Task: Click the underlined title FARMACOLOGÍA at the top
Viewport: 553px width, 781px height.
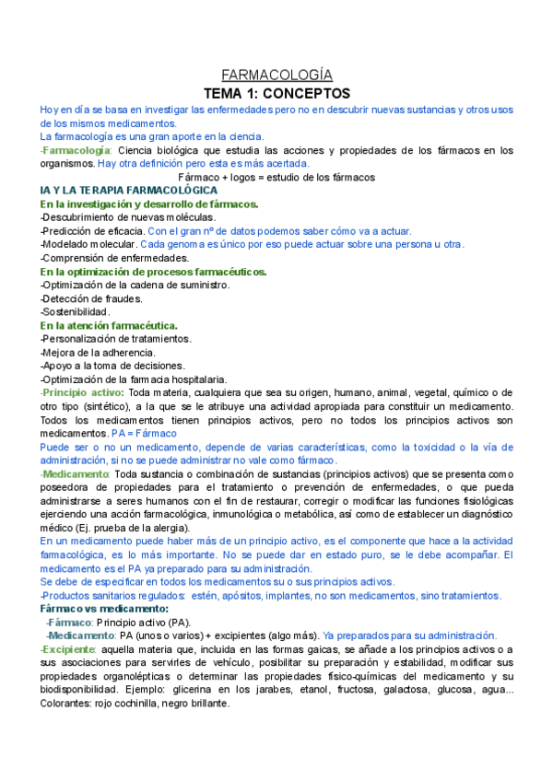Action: coord(276,76)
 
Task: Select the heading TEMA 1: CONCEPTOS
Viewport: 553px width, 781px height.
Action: coord(276,93)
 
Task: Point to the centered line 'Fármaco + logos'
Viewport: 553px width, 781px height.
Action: coord(276,177)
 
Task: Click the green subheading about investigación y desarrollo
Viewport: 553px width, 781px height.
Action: coord(149,204)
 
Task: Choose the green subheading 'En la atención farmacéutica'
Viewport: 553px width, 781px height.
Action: coord(110,326)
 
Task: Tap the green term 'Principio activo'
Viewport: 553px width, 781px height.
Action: coord(77,393)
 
